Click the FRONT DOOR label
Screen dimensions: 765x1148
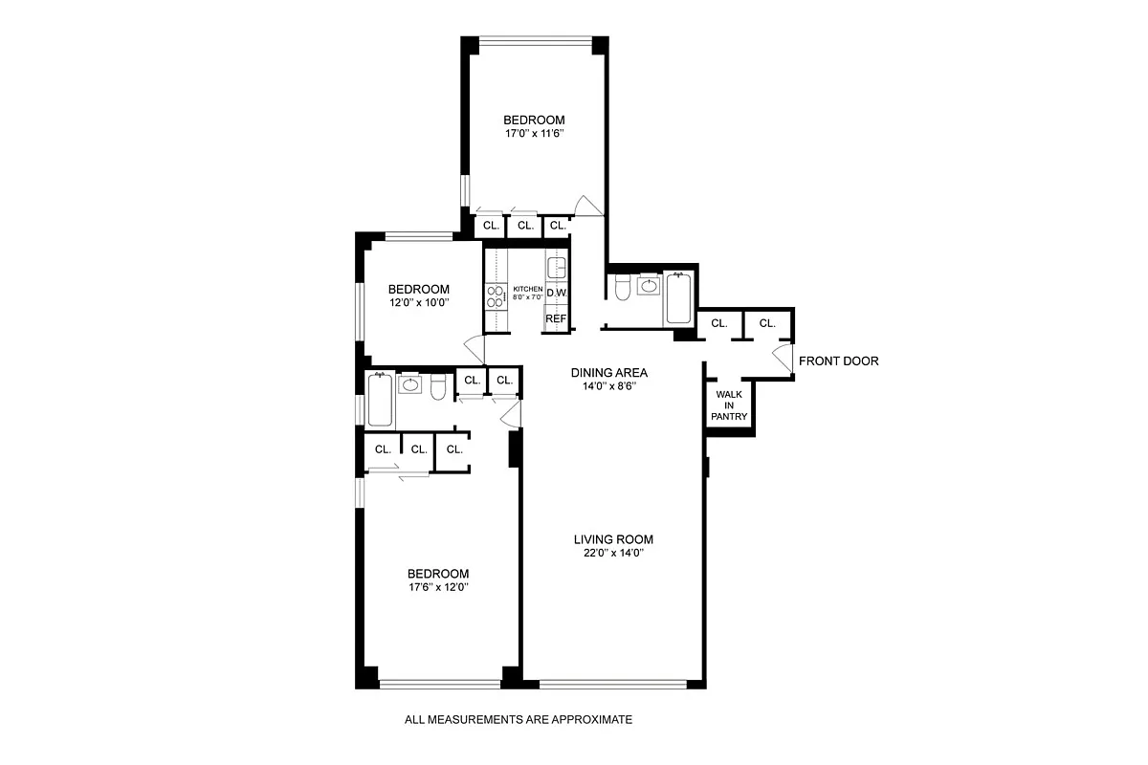[838, 361]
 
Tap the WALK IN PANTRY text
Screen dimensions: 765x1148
[729, 404]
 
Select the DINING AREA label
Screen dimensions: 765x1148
[609, 373]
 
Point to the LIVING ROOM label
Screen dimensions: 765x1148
[613, 539]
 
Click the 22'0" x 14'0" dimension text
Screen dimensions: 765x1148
[613, 554]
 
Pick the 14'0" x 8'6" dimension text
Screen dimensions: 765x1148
[609, 387]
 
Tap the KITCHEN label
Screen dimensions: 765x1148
[527, 289]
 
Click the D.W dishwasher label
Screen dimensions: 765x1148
[557, 294]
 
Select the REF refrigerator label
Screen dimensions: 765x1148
[556, 318]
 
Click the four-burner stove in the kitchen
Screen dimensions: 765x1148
[497, 297]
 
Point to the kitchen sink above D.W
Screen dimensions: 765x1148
[557, 266]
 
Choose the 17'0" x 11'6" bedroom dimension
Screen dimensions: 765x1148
[534, 134]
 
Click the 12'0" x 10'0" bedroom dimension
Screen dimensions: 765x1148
[418, 303]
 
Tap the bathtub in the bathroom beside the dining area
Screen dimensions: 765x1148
[678, 297]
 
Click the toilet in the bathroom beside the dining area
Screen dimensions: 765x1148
[621, 287]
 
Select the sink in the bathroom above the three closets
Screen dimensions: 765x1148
[410, 385]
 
